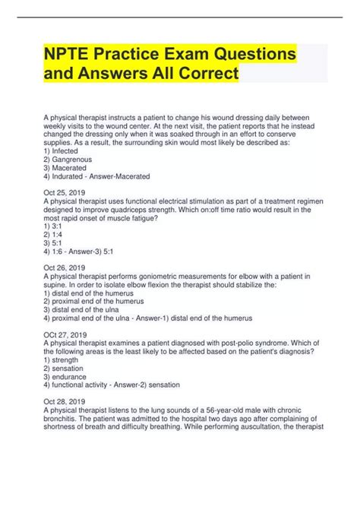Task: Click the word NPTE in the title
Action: click(78, 55)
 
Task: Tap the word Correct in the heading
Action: click(197, 74)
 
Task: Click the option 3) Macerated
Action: click(73, 167)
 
